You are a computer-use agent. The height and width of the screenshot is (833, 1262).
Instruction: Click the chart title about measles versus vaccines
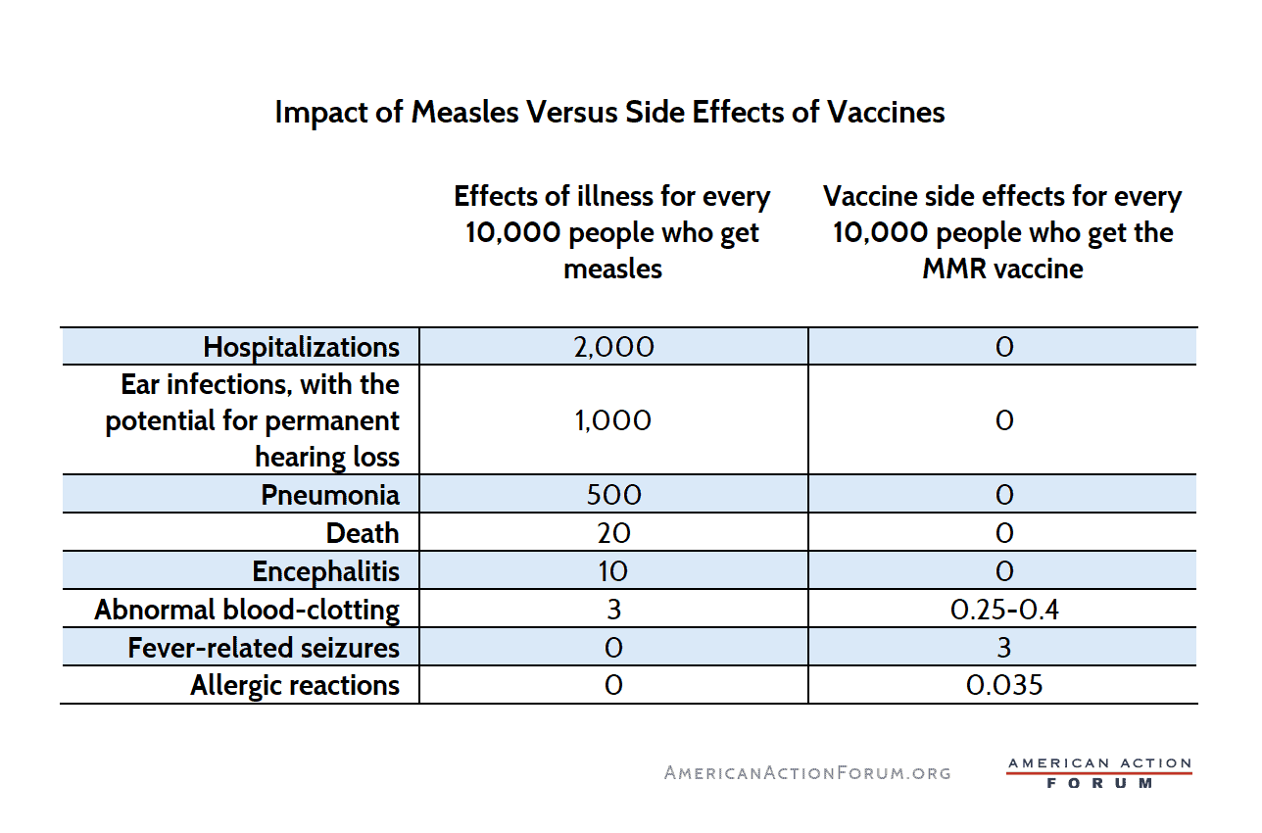pos(609,112)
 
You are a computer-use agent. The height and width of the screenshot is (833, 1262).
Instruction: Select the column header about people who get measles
pos(612,232)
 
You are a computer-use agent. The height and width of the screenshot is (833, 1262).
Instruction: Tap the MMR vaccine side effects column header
pos(1002,232)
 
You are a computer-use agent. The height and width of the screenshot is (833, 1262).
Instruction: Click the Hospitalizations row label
pos(302,347)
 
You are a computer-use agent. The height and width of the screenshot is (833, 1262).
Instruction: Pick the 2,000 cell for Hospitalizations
pos(613,347)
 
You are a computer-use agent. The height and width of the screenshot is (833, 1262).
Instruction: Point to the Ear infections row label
pos(253,420)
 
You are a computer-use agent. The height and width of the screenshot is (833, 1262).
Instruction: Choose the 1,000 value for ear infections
pos(613,420)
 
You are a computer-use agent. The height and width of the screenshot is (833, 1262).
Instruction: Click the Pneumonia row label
pos(330,495)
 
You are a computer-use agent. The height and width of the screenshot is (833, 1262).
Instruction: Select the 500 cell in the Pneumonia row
pos(613,495)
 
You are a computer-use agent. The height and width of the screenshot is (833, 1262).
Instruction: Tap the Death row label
pos(363,533)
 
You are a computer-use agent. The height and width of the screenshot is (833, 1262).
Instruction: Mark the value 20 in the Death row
pos(613,533)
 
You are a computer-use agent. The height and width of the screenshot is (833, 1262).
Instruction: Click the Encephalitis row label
pos(326,571)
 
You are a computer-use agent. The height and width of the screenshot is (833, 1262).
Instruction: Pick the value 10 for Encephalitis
pos(613,571)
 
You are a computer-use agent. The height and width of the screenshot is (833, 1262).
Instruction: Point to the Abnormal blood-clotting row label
pos(247,610)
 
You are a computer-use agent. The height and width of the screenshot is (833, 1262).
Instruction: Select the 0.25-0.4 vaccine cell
pos(1004,610)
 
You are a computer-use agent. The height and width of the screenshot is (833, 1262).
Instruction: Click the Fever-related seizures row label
pos(264,648)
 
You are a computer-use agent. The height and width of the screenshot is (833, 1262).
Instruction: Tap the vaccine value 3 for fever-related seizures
pos(1004,648)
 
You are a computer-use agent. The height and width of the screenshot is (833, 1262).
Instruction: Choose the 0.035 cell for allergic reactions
pos(1004,685)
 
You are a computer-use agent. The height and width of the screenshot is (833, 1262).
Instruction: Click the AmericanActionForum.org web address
pos(807,772)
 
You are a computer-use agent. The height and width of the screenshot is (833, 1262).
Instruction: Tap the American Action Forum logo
pos(1099,772)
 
